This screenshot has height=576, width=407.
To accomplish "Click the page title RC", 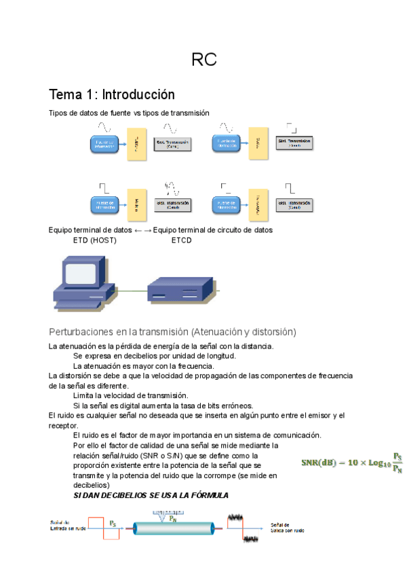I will (x=203, y=60).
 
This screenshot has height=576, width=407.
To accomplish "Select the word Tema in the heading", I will (x=66, y=94).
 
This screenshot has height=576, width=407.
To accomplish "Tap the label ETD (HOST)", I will (x=94, y=240).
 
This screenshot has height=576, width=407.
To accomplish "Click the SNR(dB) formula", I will (x=352, y=463).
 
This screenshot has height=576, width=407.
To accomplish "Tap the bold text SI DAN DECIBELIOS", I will (x=122, y=496).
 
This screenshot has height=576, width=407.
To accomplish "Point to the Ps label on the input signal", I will (x=113, y=522).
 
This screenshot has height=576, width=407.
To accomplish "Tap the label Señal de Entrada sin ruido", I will (x=69, y=524).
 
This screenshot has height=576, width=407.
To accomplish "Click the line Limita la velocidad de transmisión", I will (x=130, y=395).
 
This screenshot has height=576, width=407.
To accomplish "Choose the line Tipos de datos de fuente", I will (x=129, y=112).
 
